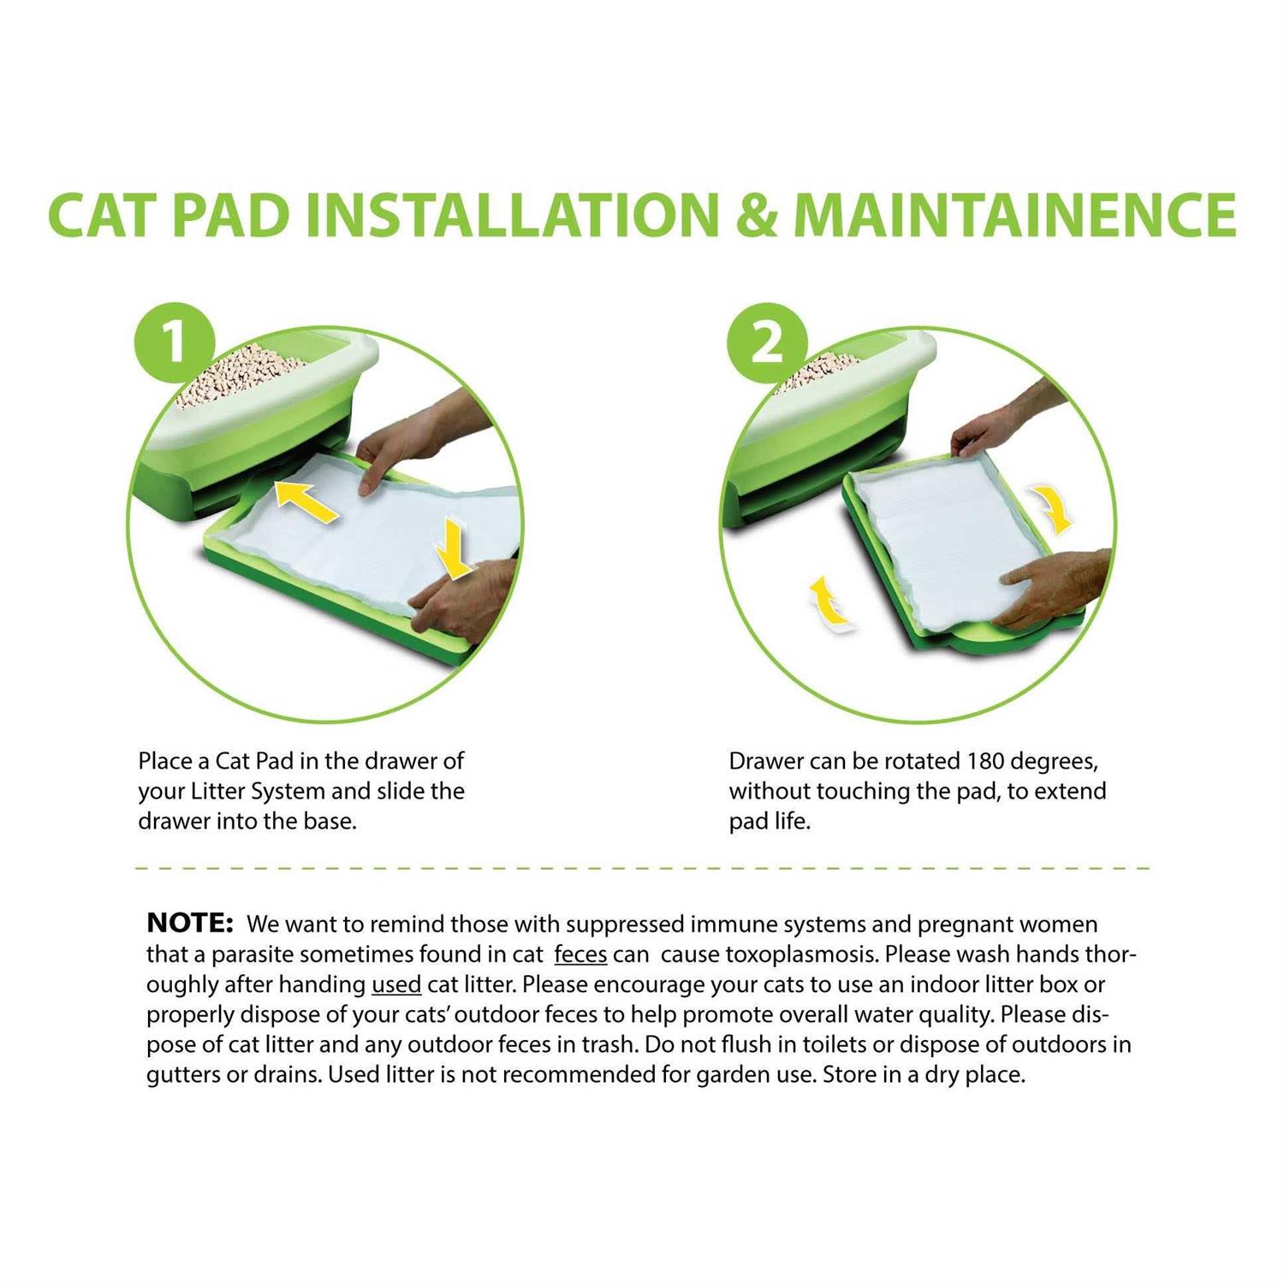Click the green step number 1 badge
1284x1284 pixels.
(174, 342)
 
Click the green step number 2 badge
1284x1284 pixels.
(766, 342)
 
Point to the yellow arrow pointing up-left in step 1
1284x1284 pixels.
(306, 502)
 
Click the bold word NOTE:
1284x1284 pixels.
(190, 923)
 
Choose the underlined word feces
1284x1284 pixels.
(580, 954)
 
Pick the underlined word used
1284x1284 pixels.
(395, 984)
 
